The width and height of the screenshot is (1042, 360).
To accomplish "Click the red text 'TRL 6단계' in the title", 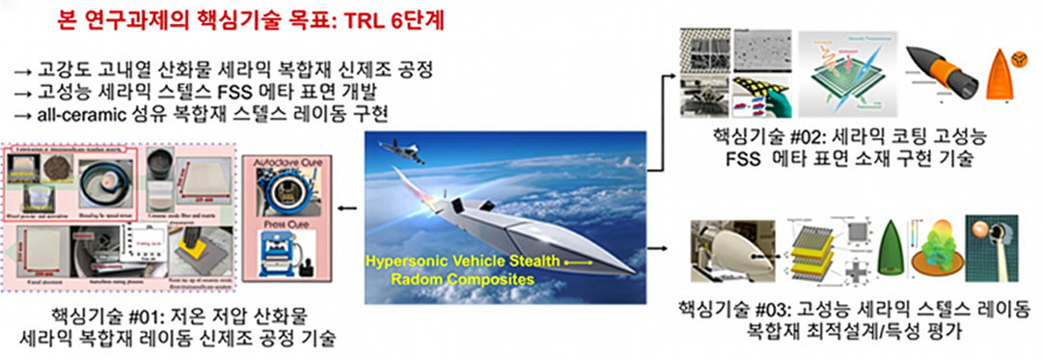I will [x=397, y=21].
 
